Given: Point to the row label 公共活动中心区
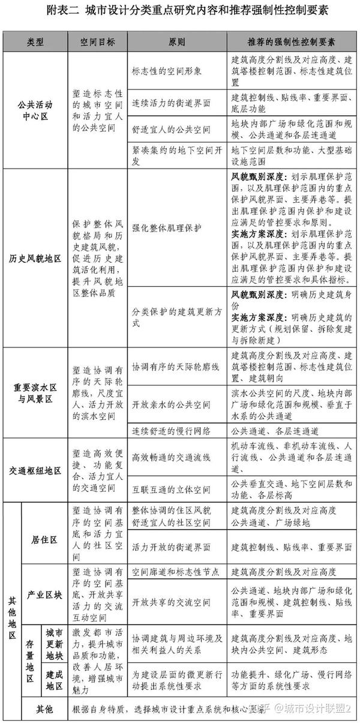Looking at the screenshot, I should (35, 111).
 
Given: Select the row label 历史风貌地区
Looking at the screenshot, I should (35, 258).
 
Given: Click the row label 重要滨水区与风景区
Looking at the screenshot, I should (35, 392).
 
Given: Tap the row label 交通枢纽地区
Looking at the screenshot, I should (35, 471).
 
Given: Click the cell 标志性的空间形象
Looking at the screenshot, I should (171, 70).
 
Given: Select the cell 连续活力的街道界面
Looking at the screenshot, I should (171, 103).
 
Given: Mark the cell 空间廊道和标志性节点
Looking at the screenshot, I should (175, 572).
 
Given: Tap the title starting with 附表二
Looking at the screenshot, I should (179, 12).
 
